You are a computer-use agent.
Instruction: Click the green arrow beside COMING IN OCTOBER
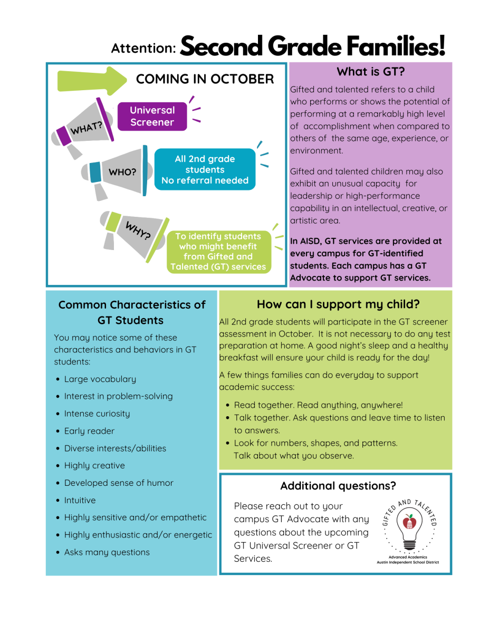[x=91, y=81]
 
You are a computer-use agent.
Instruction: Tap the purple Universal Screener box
[x=152, y=116]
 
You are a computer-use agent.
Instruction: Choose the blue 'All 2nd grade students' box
[x=205, y=169]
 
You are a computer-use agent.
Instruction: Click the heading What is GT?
[x=370, y=72]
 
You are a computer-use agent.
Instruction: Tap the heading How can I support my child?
[x=338, y=304]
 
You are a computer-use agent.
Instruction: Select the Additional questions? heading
[x=338, y=486]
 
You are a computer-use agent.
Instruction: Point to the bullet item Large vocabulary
[x=100, y=379]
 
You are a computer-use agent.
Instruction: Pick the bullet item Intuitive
[x=80, y=500]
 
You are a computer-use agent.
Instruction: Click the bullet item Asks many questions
[x=107, y=552]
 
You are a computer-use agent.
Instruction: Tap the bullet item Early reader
[x=89, y=431]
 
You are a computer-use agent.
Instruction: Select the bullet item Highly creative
[x=94, y=466]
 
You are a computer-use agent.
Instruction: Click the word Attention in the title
[x=143, y=48]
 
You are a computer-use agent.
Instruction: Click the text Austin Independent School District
[x=407, y=562]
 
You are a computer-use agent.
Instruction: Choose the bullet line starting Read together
[x=318, y=405]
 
